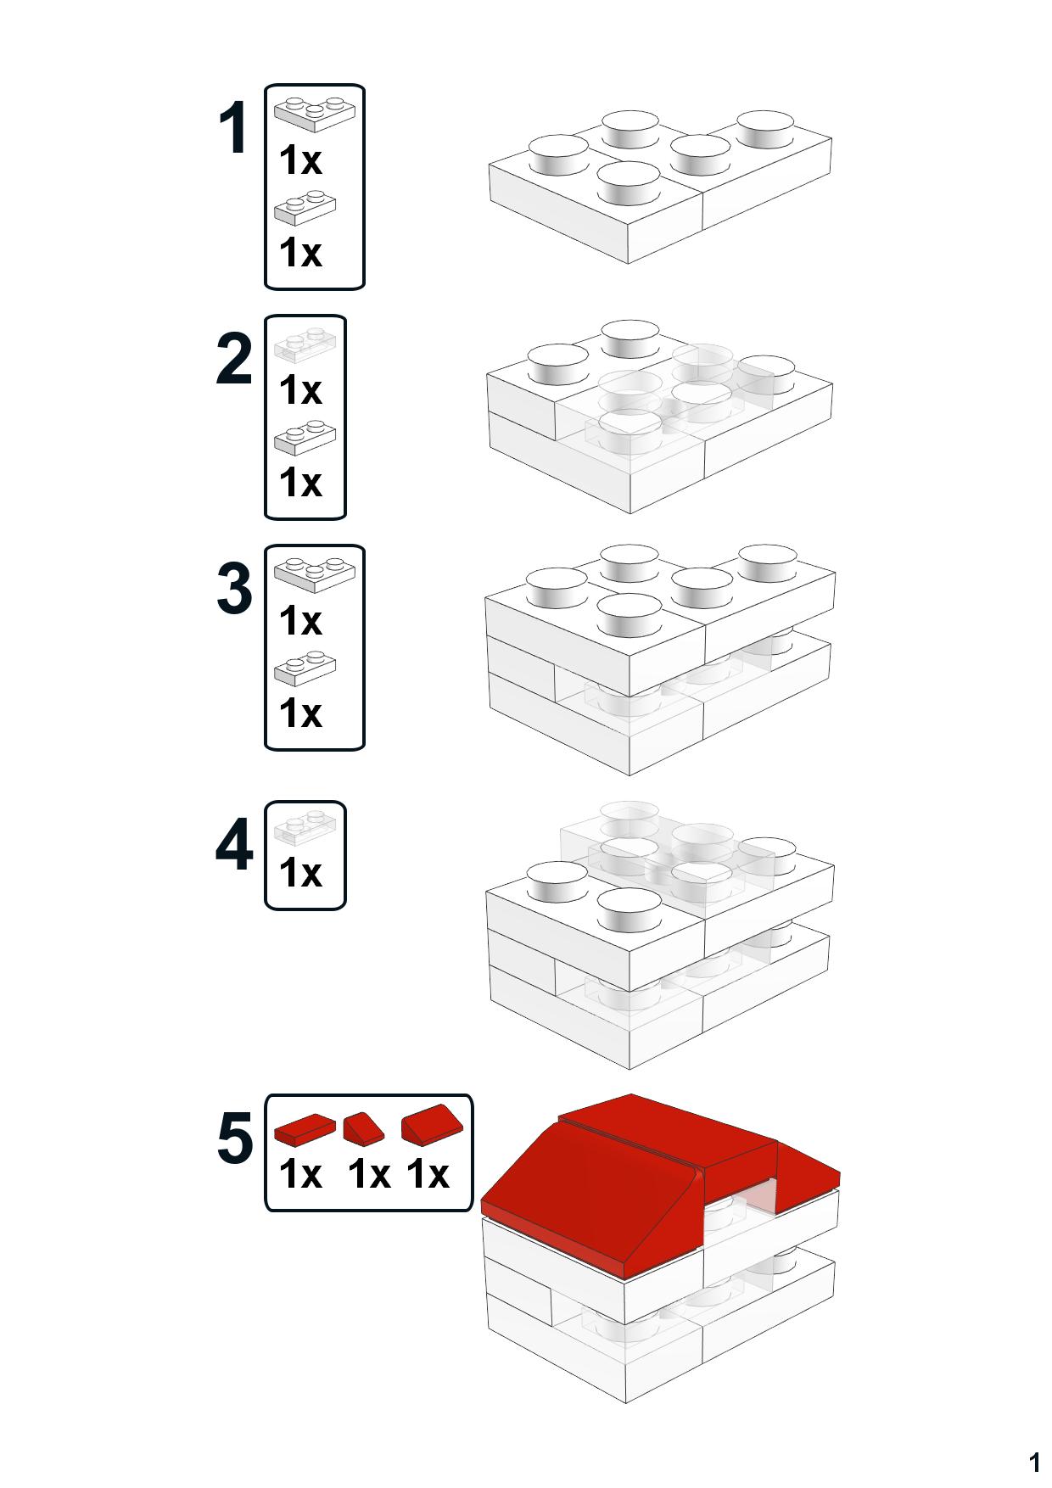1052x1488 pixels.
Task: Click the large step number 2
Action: pyautogui.click(x=234, y=360)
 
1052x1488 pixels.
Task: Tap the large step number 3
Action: pyautogui.click(x=234, y=589)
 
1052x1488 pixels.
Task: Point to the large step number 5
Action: pyautogui.click(x=235, y=1138)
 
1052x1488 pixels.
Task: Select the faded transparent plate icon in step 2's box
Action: pyautogui.click(x=305, y=344)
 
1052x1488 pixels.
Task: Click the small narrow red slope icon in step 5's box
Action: pyautogui.click(x=363, y=1127)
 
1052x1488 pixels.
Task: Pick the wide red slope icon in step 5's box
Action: pyautogui.click(x=433, y=1126)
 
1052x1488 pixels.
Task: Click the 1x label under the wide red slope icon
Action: pyautogui.click(x=427, y=1175)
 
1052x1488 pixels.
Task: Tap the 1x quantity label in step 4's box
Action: pyautogui.click(x=300, y=872)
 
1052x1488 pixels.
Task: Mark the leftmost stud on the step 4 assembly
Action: pyautogui.click(x=557, y=882)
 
